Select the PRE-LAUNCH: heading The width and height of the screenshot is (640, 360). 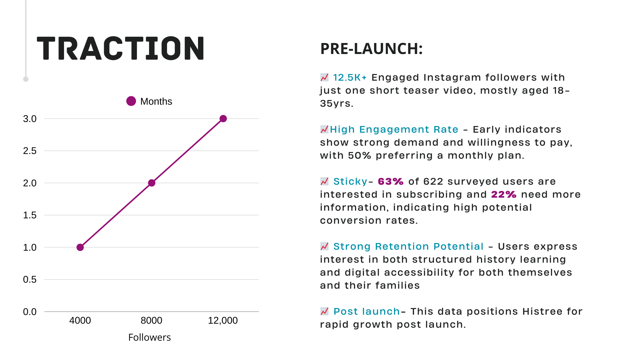(x=371, y=49)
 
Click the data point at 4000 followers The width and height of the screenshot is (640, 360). (x=80, y=247)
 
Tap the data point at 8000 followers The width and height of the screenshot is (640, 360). (x=152, y=183)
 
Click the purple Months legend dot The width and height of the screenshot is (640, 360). (x=131, y=101)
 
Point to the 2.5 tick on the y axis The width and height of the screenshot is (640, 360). (x=30, y=151)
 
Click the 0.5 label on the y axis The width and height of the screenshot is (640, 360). (x=30, y=280)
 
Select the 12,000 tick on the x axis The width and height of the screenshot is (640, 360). (x=223, y=321)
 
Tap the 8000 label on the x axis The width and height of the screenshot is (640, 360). (x=151, y=321)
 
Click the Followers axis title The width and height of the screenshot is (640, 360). (x=149, y=338)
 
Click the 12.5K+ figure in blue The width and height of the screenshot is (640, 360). (x=350, y=78)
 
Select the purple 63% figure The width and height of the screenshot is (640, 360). (x=391, y=182)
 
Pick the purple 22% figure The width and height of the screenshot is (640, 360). (x=504, y=195)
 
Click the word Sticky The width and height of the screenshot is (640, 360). (x=350, y=182)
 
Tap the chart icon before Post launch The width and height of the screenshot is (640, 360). (x=324, y=311)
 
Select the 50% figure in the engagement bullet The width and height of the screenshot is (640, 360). (x=359, y=156)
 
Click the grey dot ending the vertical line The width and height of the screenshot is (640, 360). (x=26, y=79)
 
